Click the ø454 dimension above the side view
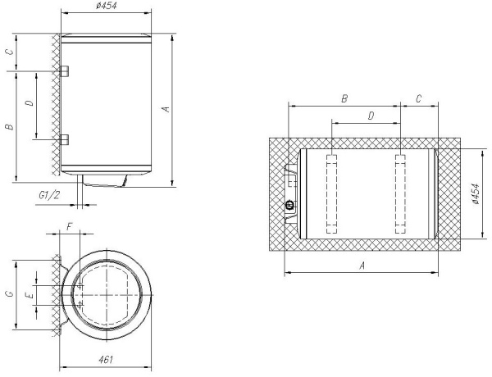point(106,6)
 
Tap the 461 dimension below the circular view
point(106,360)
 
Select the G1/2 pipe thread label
point(49,195)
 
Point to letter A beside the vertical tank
point(166,109)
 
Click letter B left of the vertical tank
point(10,127)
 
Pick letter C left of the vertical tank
point(11,52)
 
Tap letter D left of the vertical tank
point(30,102)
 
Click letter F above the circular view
point(70,227)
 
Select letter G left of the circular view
point(10,294)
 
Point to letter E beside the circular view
point(30,295)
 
